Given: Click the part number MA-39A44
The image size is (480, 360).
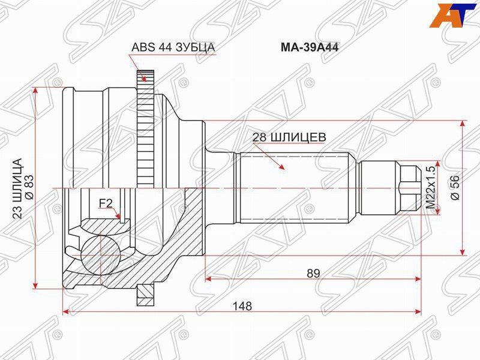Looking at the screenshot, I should (x=310, y=48).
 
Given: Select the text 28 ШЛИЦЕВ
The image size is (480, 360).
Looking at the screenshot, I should (x=289, y=137).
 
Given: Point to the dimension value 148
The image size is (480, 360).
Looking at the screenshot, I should (x=242, y=306).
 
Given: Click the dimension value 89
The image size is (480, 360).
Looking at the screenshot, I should (x=313, y=273).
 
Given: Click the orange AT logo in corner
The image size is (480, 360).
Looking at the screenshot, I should (x=453, y=16).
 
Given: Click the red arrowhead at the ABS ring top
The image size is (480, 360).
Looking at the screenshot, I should (x=142, y=77).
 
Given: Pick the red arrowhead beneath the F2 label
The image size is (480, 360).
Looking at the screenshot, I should (x=120, y=218).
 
